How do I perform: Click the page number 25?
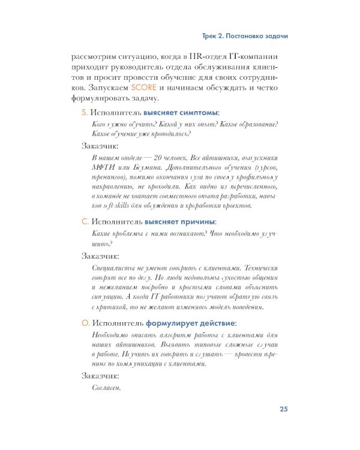(x=284, y=410)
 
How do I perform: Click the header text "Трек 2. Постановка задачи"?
(x=244, y=36)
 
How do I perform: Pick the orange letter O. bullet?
(x=85, y=322)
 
